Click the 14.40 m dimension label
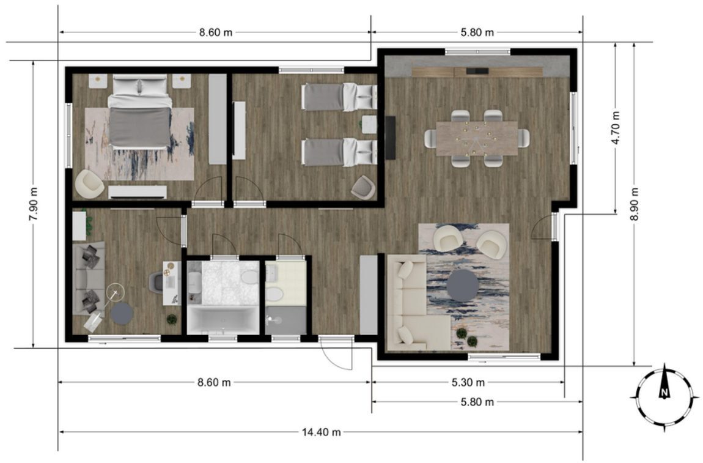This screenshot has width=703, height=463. (x=321, y=432)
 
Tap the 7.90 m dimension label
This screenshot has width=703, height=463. (x=34, y=204)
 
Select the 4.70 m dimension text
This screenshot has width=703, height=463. (x=616, y=127)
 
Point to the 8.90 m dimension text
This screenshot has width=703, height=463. (x=634, y=204)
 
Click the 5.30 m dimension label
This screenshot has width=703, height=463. (x=468, y=382)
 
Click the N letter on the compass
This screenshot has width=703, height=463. (x=664, y=393)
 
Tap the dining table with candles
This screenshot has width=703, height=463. (x=477, y=138)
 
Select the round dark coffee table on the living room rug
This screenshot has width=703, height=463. (x=463, y=286)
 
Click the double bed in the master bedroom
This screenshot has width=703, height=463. (x=139, y=111)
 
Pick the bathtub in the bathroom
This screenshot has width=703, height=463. (x=223, y=319)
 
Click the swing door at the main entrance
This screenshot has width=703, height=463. (x=336, y=352)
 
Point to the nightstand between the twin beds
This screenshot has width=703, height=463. (x=369, y=124)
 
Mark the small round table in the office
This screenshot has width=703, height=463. (x=122, y=314)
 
